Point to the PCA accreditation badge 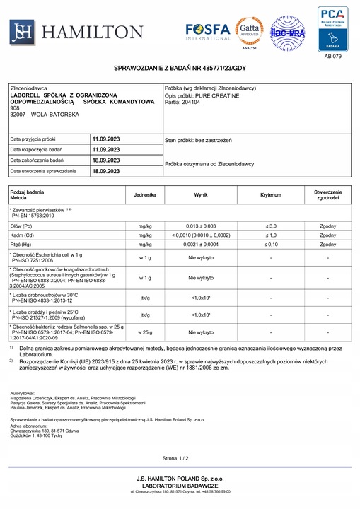[332, 28]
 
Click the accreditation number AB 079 [332, 57]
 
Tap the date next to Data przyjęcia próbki [106, 139]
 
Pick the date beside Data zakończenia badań [106, 160]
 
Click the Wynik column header [201, 194]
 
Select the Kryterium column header [271, 194]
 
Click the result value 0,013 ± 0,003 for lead [201, 225]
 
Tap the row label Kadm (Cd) [25, 235]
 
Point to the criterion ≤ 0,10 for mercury [271, 245]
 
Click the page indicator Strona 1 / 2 [175, 459]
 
